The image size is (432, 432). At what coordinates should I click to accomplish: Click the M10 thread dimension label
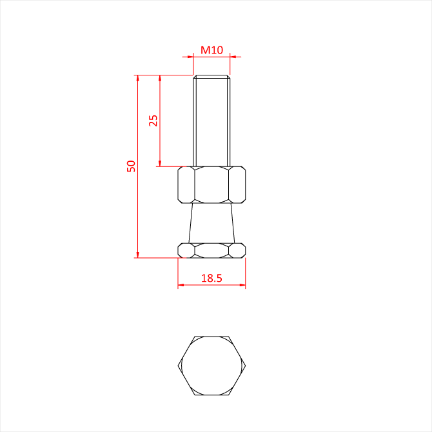[211, 50]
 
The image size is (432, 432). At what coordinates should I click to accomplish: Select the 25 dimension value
[153, 121]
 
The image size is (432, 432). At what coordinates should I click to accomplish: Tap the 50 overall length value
[131, 166]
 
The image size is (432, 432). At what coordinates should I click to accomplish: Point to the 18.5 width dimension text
[211, 279]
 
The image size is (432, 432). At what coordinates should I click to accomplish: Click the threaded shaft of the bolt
[211, 121]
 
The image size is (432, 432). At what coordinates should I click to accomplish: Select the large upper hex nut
[211, 185]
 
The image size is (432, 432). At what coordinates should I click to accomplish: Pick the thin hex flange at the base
[211, 250]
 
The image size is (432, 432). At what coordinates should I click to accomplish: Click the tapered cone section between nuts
[211, 223]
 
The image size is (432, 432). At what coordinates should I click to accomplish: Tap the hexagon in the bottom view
[211, 366]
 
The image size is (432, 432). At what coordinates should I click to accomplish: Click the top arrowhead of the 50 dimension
[138, 78]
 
